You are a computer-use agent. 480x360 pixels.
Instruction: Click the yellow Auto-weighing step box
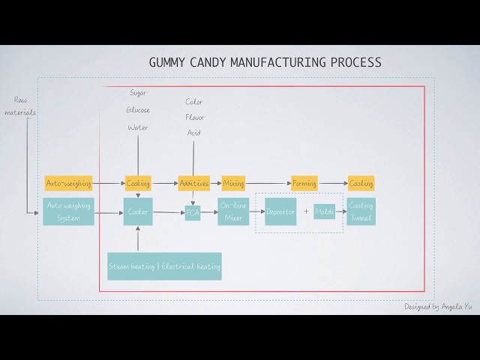click(x=68, y=183)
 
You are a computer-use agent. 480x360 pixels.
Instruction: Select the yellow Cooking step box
click(x=138, y=183)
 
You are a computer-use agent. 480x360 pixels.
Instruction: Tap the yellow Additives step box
click(x=193, y=183)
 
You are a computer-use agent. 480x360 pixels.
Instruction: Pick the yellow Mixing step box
click(x=233, y=183)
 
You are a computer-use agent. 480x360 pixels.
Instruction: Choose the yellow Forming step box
click(x=304, y=183)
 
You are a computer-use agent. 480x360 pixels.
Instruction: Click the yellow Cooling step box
click(x=361, y=183)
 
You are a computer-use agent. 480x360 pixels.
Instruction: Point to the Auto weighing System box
click(x=69, y=211)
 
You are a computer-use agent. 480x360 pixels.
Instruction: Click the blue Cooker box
click(x=138, y=211)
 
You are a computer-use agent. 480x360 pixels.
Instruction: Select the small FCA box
click(x=193, y=213)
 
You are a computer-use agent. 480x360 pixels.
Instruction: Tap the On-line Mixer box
click(x=233, y=211)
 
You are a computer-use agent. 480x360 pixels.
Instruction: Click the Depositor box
click(x=280, y=211)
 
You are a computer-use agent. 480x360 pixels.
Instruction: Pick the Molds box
click(x=325, y=211)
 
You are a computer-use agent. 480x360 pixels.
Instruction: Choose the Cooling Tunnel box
click(x=361, y=211)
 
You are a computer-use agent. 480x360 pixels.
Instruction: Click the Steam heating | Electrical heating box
click(x=164, y=266)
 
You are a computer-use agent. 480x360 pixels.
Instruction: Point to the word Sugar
click(x=138, y=93)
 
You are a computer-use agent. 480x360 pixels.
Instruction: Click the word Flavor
click(x=194, y=117)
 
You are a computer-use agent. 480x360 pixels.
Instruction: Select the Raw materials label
click(x=25, y=106)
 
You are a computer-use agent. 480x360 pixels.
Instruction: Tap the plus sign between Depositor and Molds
click(x=306, y=211)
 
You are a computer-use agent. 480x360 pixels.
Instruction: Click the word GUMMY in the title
click(x=172, y=63)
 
